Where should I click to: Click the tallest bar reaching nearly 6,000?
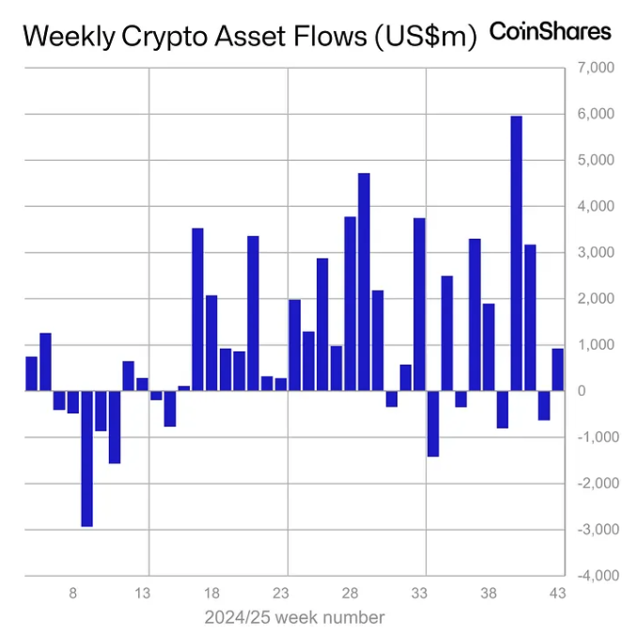coord(516,253)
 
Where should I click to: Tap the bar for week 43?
coord(557,369)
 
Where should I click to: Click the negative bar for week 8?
coord(72,401)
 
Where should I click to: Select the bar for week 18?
coord(211,343)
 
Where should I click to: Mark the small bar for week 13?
coord(142,384)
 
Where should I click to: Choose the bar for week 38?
coord(489,347)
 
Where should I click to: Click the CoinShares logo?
coord(551,32)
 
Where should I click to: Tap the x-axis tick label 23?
coord(281,594)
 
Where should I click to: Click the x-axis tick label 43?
coord(558,594)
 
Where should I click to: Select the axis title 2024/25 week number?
coord(294,617)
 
